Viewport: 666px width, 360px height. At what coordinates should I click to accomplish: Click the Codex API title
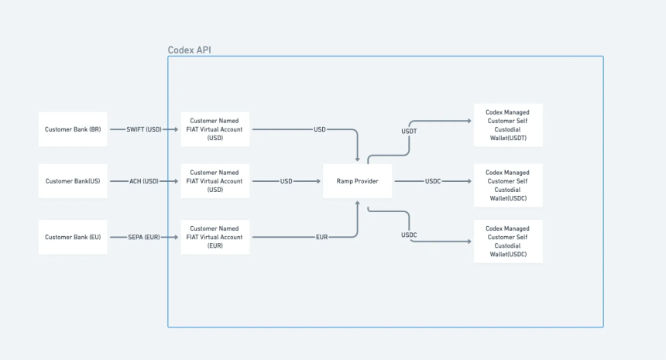(189, 50)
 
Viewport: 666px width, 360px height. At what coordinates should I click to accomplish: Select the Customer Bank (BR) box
(73, 129)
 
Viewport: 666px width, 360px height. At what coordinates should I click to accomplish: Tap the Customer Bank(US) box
(73, 181)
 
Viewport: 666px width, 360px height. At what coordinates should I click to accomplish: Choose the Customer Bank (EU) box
(73, 238)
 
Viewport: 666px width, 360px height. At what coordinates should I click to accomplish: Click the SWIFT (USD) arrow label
(144, 129)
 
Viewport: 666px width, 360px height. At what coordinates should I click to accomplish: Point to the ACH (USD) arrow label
(144, 181)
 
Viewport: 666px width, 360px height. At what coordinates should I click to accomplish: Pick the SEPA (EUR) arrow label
(144, 238)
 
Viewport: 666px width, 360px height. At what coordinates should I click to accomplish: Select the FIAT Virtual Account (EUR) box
(215, 238)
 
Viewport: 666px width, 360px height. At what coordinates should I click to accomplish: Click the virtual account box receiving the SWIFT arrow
(215, 129)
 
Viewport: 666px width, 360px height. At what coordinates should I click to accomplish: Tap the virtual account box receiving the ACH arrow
(215, 181)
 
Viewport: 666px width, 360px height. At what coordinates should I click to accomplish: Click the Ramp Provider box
(357, 181)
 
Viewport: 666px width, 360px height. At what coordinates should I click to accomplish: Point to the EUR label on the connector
(322, 238)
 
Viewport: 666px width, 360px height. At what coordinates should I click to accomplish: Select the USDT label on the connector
(409, 132)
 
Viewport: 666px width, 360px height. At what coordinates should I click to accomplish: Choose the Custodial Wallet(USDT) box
(508, 125)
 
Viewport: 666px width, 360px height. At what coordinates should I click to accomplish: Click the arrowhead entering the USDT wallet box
(469, 121)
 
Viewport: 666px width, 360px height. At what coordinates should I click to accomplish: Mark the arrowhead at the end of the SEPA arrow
(176, 238)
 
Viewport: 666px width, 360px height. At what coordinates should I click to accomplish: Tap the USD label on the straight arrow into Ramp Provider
(287, 181)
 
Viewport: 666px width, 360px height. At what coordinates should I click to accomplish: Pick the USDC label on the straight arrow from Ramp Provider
(433, 181)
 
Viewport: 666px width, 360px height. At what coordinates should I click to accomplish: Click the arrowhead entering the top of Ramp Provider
(357, 159)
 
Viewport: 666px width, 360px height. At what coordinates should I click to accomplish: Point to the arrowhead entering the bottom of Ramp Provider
(357, 204)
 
